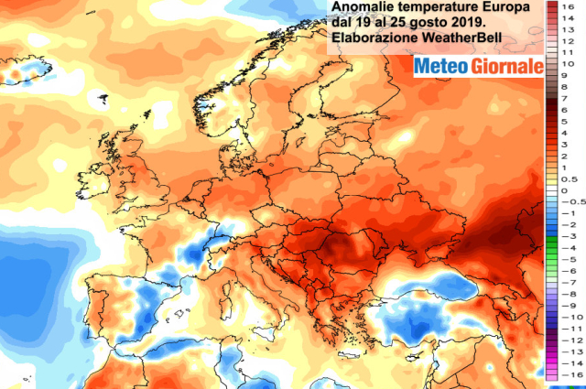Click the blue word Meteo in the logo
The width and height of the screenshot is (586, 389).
pyautogui.click(x=441, y=66)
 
